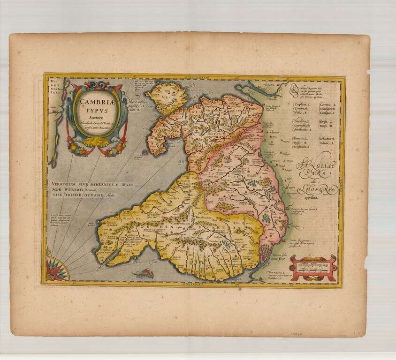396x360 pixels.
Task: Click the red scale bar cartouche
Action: click(313, 268)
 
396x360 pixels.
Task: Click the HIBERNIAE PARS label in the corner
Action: click(55, 85)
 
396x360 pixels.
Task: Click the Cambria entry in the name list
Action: click(300, 105)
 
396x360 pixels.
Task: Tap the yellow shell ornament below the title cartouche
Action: click(97, 140)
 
